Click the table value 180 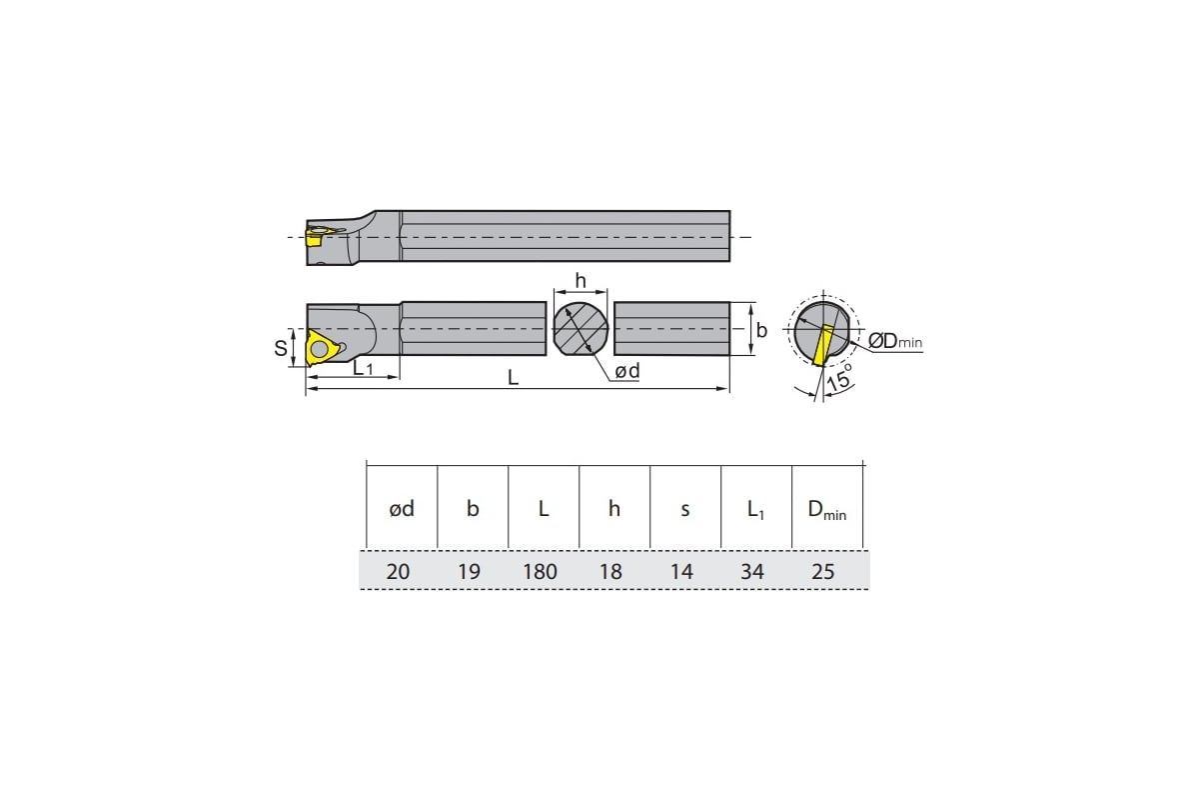pos(540,572)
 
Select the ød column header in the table pos(402,509)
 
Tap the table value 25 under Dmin pos(822,572)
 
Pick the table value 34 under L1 pos(752,572)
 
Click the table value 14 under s pos(681,572)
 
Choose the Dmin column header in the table pos(827,510)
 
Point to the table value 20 pos(398,572)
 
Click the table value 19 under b pos(469,572)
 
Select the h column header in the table pos(613,509)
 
